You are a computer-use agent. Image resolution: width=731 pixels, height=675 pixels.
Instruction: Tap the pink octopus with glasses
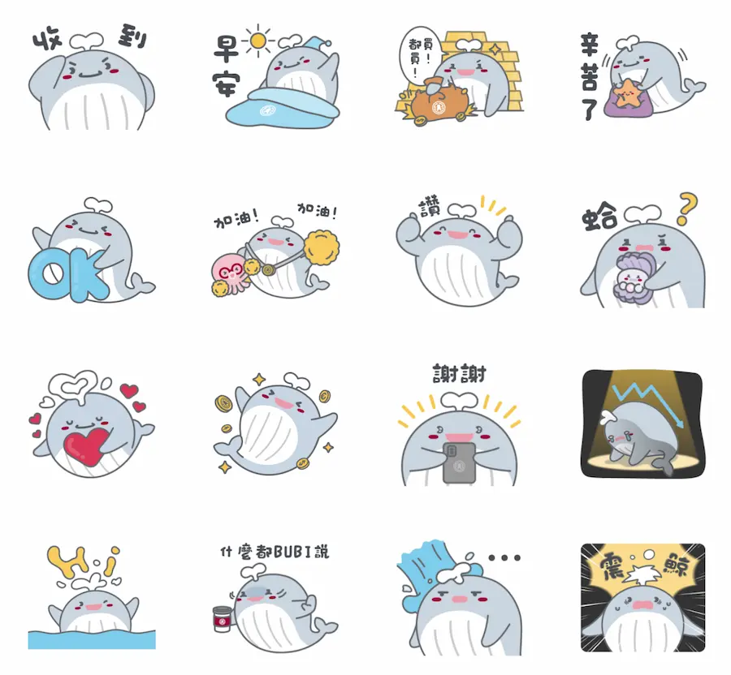pos(230,272)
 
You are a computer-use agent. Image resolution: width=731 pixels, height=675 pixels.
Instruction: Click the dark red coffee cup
pos(219,618)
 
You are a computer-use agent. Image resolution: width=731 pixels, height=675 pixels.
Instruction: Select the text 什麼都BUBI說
pos(275,552)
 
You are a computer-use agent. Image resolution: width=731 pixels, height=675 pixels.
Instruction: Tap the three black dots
pos(504,558)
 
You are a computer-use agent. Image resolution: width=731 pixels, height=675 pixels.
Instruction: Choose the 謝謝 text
pos(459,375)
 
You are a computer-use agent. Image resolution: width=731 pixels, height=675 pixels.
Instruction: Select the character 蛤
pos(601,218)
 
